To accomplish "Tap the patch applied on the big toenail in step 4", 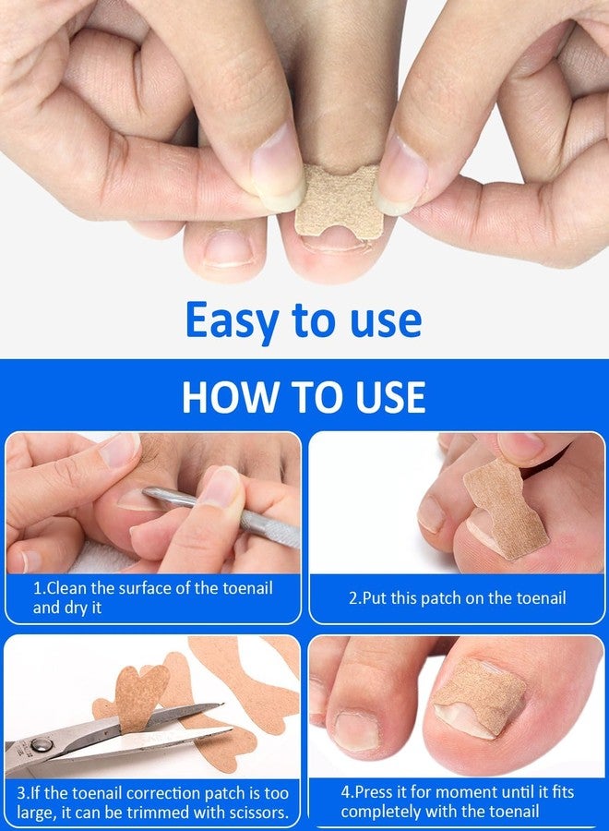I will tap(480, 697).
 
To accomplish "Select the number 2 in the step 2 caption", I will tap(353, 598).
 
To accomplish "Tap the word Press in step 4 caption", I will tap(375, 792).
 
